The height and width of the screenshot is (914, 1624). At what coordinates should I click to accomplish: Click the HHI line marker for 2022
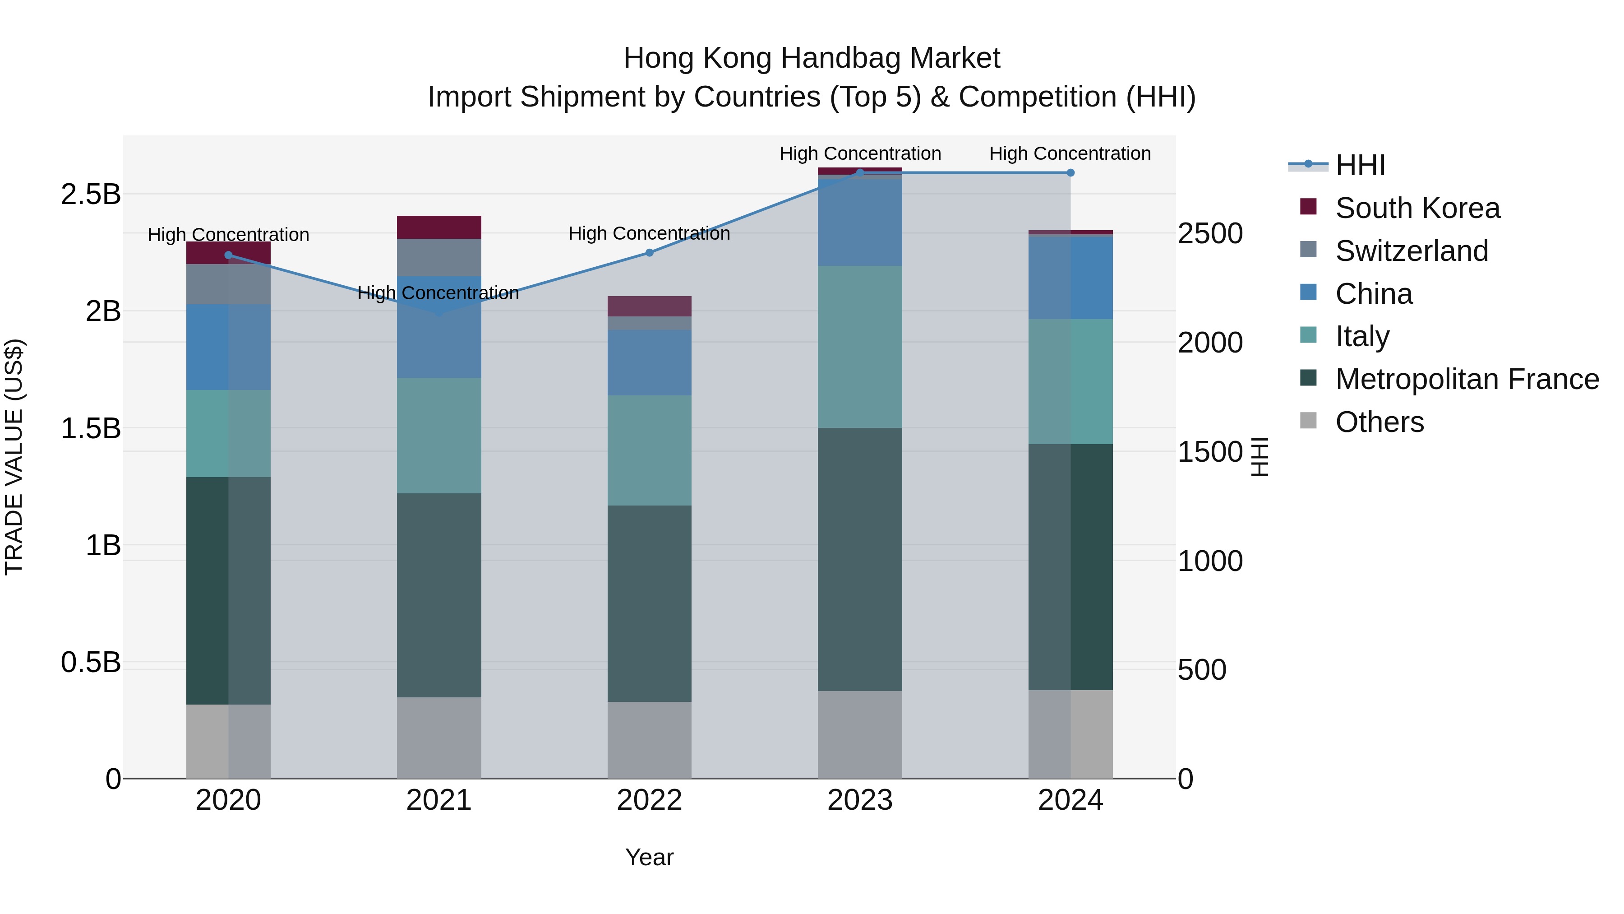[x=649, y=252]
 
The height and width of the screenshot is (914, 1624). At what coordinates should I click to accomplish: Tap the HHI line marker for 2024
[x=1070, y=173]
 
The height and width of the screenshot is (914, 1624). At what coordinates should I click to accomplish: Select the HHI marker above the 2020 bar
[x=229, y=255]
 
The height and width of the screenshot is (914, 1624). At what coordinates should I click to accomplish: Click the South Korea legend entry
[x=1417, y=208]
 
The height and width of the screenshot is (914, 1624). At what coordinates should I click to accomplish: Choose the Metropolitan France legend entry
[x=1467, y=379]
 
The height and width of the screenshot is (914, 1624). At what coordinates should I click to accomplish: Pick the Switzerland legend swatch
[x=1308, y=251]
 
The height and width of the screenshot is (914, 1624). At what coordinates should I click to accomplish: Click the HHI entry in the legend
[x=1359, y=165]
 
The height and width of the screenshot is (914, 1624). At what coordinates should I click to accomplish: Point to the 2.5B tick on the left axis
[x=90, y=194]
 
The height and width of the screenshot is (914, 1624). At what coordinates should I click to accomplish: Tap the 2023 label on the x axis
[x=860, y=800]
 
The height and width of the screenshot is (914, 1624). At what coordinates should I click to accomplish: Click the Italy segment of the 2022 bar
[x=649, y=450]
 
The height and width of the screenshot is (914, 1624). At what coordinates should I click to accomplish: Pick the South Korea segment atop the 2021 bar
[x=439, y=227]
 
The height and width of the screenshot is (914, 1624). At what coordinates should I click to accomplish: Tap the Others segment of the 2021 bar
[x=439, y=738]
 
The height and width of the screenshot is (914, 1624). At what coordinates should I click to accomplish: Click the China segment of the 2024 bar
[x=1070, y=278]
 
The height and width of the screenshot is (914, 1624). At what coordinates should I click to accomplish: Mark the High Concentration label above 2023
[x=860, y=153]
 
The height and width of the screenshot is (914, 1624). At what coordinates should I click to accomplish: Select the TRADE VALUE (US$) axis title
[x=14, y=457]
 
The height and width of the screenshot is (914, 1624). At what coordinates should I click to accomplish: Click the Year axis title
[x=649, y=857]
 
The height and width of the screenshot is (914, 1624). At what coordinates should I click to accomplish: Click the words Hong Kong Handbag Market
[x=812, y=58]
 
